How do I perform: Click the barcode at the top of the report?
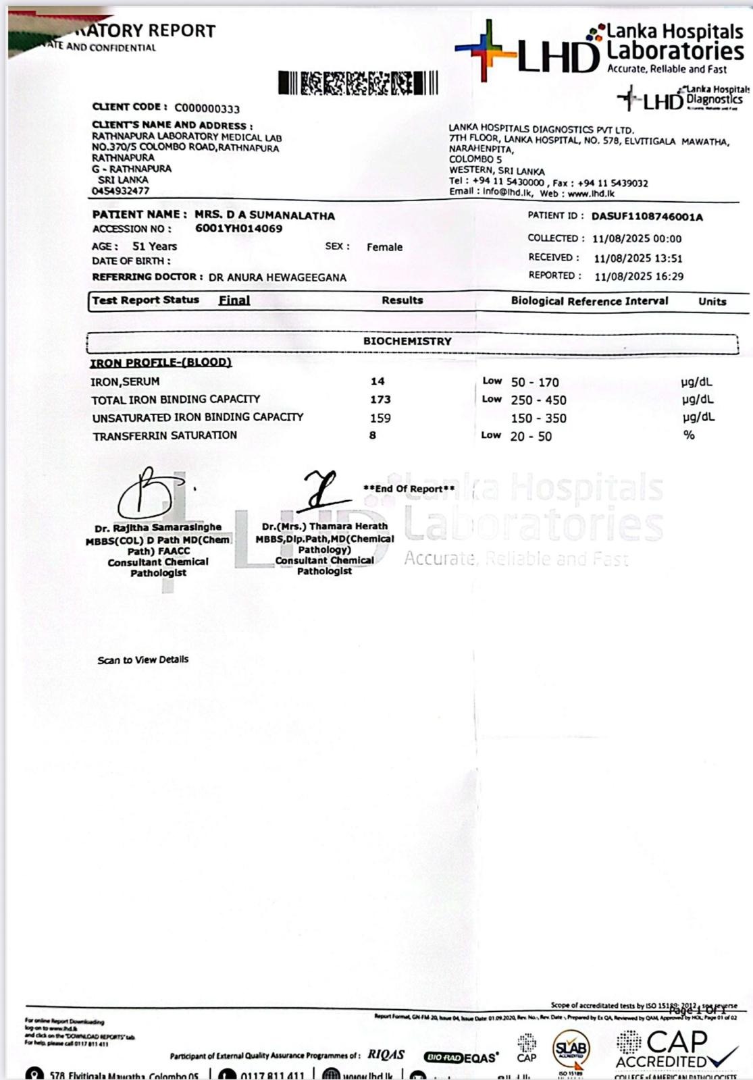[358, 83]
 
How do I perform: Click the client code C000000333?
[207, 109]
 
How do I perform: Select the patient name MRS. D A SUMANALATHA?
[265, 215]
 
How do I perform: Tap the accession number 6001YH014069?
[238, 229]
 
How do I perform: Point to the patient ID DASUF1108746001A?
[646, 217]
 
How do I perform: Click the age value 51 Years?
[154, 246]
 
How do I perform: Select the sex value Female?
[384, 247]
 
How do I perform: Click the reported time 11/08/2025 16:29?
[638, 276]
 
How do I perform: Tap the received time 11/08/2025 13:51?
[638, 258]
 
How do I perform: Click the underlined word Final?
[234, 300]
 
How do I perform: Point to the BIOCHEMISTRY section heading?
[407, 342]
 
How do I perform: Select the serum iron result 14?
[377, 381]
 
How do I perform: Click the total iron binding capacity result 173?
[380, 400]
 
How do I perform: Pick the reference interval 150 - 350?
[538, 418]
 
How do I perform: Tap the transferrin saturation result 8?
[373, 435]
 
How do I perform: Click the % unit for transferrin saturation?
[688, 435]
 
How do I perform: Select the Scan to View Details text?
[142, 659]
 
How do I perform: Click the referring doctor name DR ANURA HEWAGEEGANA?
[277, 277]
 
